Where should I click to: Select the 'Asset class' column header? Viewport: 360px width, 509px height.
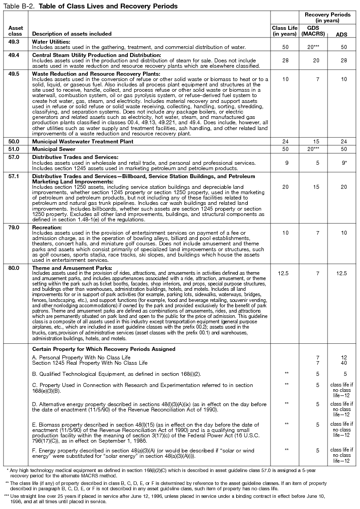16,31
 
